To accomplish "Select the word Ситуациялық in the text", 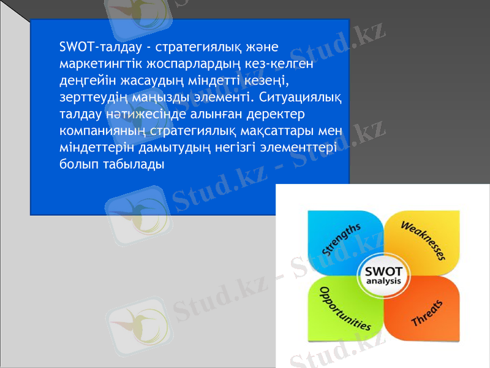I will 301,97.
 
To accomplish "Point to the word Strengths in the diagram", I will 342,239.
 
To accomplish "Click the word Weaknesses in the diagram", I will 423,240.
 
